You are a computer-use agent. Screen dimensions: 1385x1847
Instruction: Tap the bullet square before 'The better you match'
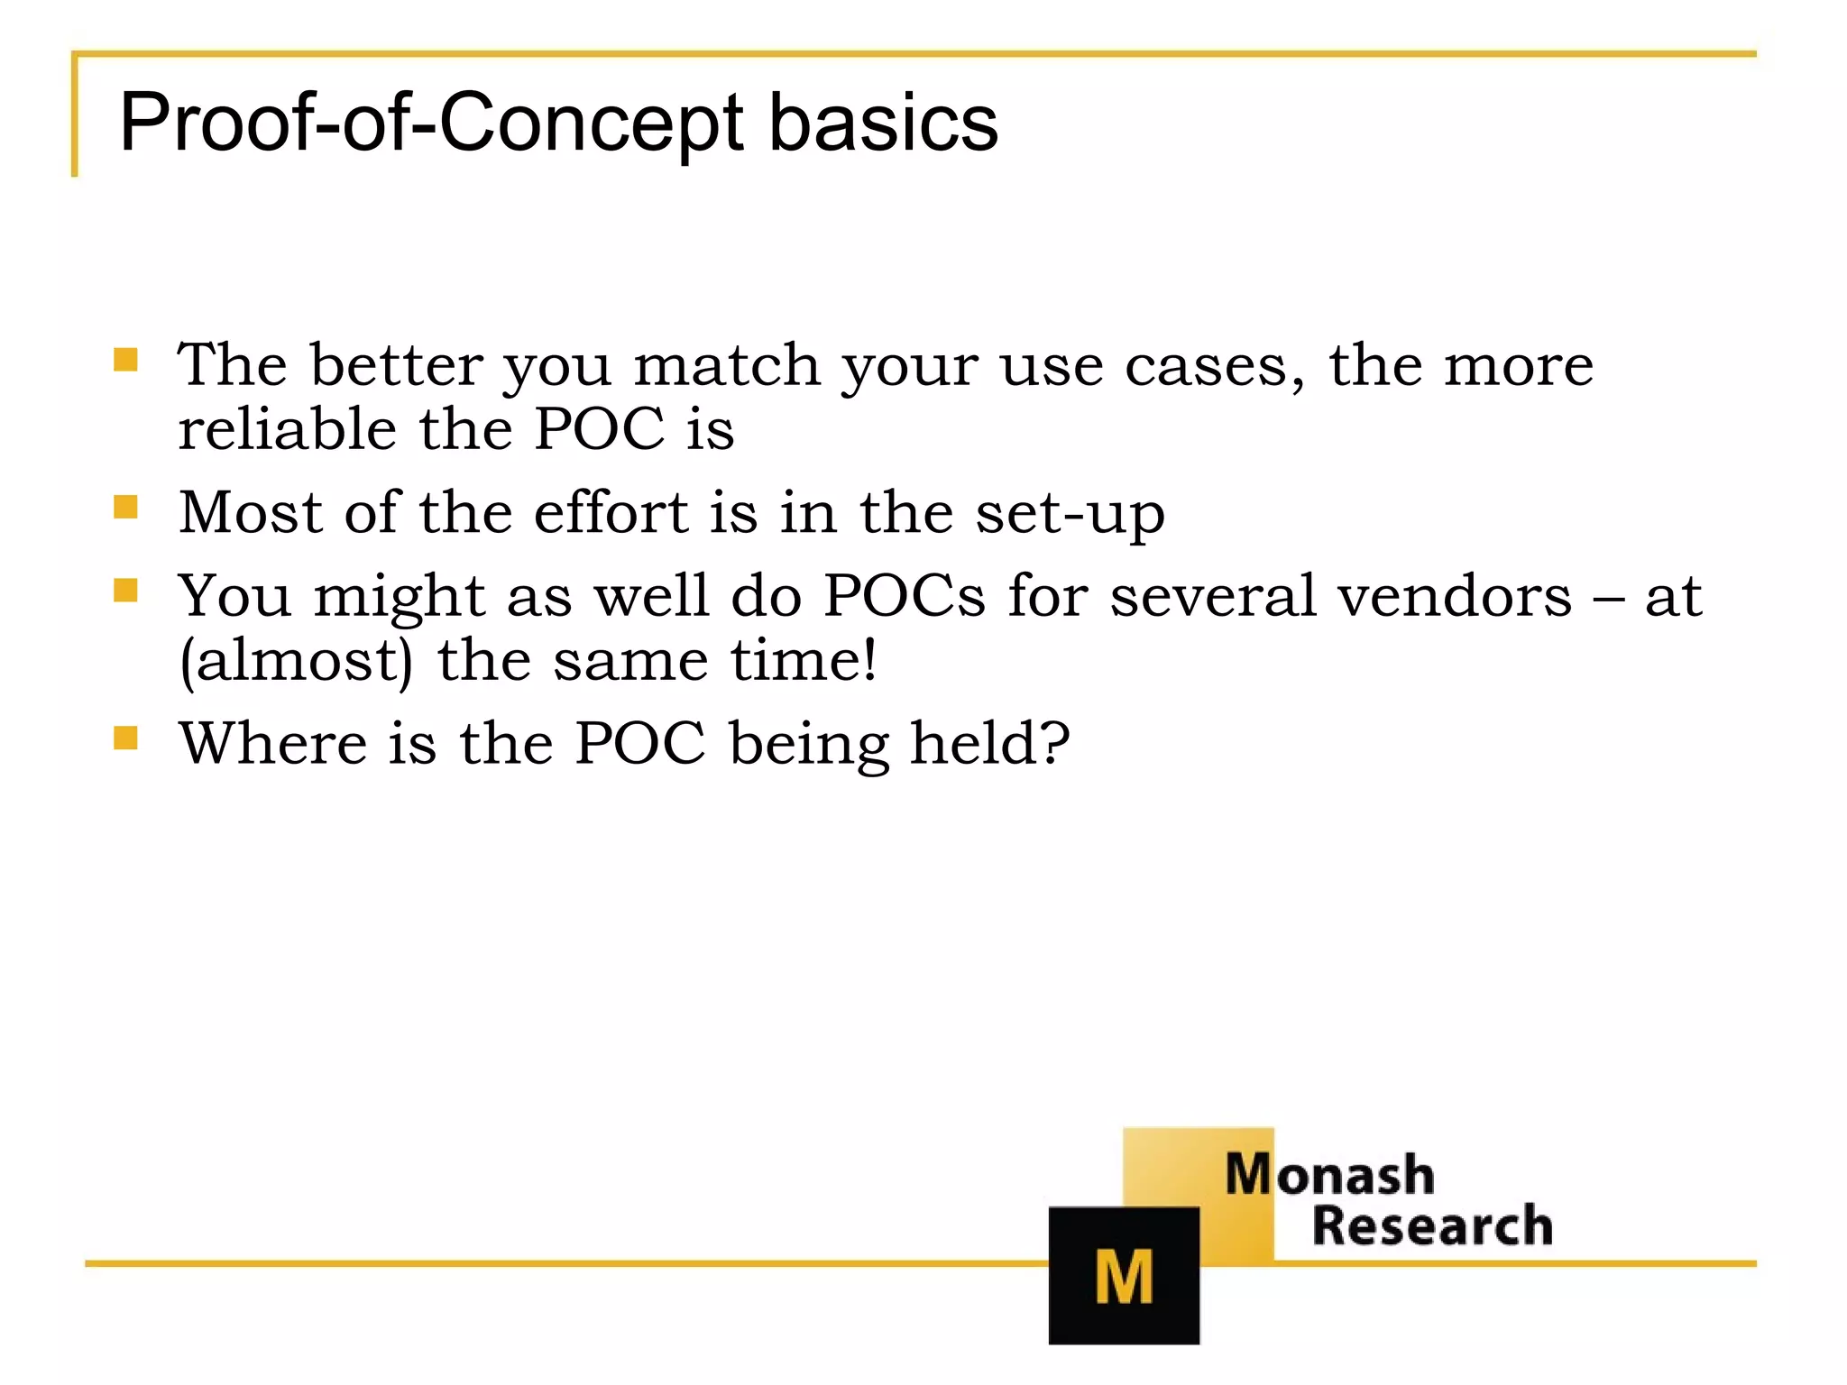125,361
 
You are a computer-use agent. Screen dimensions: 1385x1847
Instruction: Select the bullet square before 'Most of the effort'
125,508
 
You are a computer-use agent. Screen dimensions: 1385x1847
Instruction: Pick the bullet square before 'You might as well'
125,591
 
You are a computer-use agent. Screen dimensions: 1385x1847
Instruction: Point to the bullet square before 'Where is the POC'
125,738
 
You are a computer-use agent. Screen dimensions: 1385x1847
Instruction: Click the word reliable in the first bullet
287,428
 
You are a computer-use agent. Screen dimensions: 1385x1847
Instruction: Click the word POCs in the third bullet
904,596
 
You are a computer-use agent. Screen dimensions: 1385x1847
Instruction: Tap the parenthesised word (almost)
296,661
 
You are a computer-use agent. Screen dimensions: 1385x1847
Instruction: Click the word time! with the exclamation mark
803,660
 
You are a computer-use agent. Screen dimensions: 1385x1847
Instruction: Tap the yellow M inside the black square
1123,1277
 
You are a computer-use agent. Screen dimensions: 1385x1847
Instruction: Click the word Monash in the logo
1328,1175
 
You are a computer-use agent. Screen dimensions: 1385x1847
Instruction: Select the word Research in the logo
1431,1226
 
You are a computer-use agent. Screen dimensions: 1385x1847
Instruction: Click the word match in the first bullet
726,365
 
